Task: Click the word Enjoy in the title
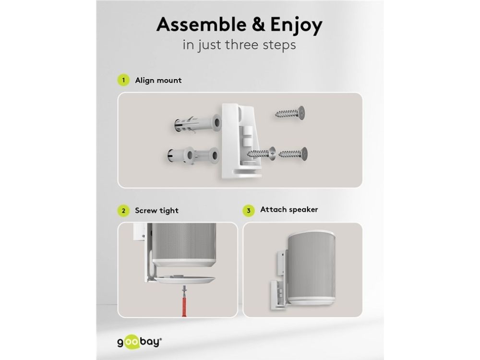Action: point(296,25)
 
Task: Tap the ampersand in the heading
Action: point(259,24)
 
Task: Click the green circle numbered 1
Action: point(123,80)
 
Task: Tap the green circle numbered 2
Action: point(123,211)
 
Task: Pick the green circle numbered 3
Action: point(249,211)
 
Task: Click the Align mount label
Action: point(158,80)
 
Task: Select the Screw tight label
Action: point(157,211)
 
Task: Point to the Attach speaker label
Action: point(289,209)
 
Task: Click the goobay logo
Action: point(140,342)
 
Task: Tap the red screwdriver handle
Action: point(184,304)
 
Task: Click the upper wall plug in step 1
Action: point(197,124)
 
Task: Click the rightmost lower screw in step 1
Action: point(293,154)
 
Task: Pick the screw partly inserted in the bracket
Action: point(261,154)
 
